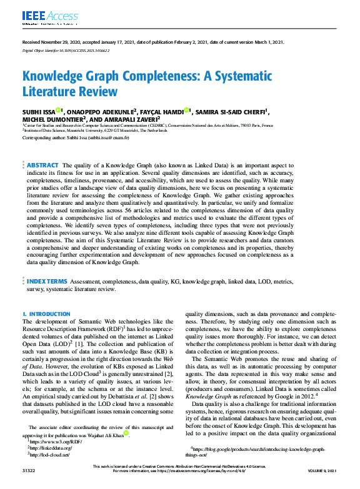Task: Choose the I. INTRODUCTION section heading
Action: tap(46, 314)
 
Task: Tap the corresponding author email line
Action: tap(76, 137)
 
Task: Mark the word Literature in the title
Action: tap(51, 92)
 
